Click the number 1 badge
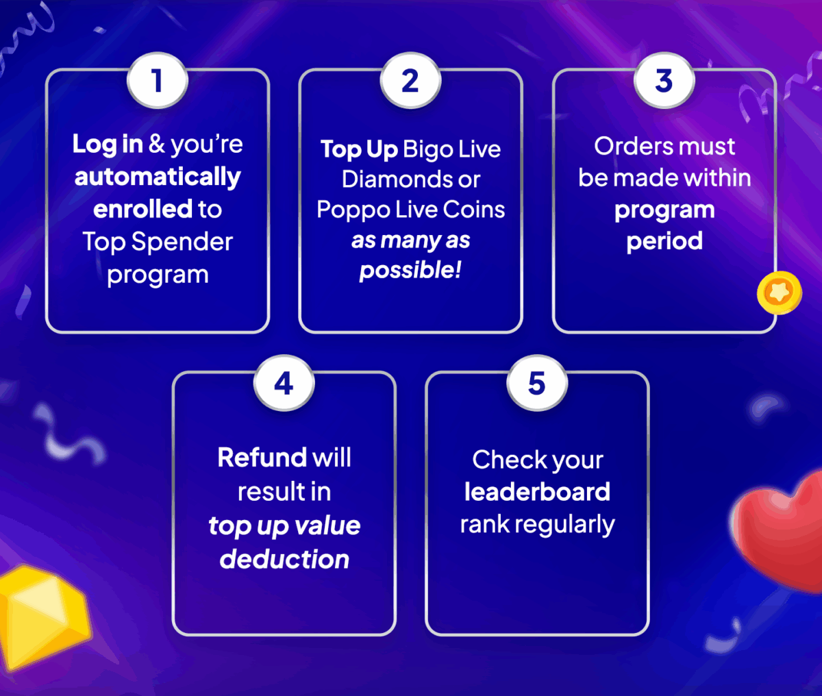click(x=158, y=81)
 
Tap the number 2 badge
click(x=410, y=81)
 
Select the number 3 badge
click(x=664, y=81)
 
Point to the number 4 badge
click(x=284, y=383)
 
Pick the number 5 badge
click(x=537, y=383)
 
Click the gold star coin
click(x=780, y=293)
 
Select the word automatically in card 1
click(x=158, y=177)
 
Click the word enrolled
click(x=142, y=209)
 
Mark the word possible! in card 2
click(x=410, y=270)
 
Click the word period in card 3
click(x=664, y=241)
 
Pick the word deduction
click(x=284, y=559)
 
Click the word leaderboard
click(x=537, y=491)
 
